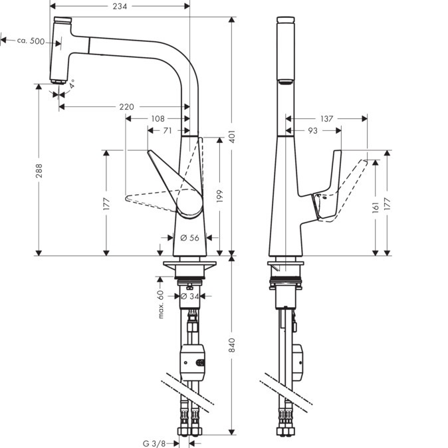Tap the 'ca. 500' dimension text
click(31, 41)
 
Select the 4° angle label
click(72, 85)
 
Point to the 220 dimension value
click(127, 107)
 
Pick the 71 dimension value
click(168, 130)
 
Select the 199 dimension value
click(219, 196)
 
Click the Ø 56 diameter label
click(190, 238)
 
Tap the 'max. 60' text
click(160, 303)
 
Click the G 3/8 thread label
click(154, 442)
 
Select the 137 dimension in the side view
click(326, 119)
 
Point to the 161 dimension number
click(377, 207)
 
